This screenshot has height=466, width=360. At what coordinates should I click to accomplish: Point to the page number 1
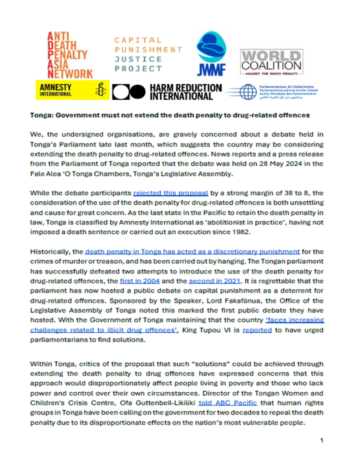coord(321,441)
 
